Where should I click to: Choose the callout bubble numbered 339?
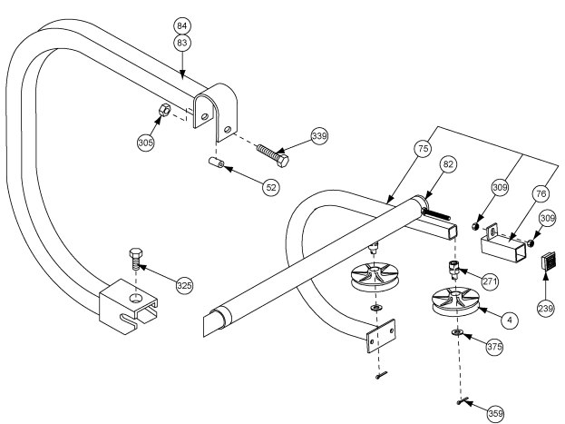[318, 135]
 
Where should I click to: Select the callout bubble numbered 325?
[184, 286]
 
